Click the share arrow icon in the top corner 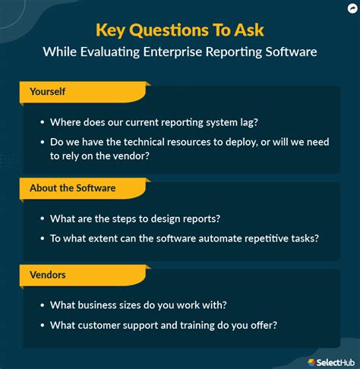[x=349, y=9]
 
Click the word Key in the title [x=111, y=30]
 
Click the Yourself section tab [x=47, y=92]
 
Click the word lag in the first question [x=257, y=121]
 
